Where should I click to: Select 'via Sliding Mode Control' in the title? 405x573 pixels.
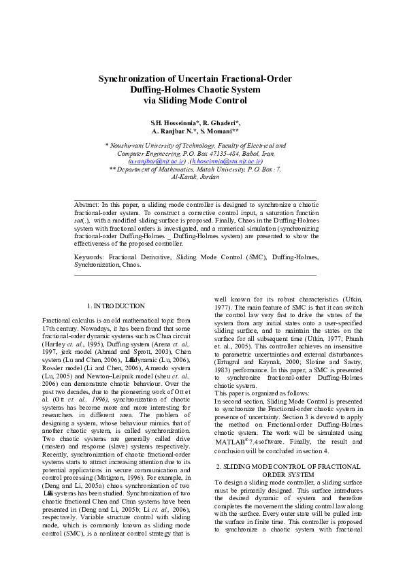click(x=195, y=101)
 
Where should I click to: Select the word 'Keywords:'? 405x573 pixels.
click(x=89, y=258)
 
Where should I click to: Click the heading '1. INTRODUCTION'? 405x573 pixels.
click(x=116, y=306)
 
